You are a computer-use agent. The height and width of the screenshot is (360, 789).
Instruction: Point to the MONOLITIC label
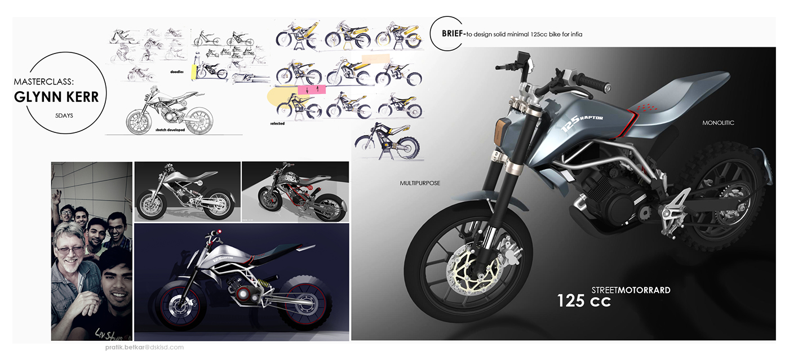(x=718, y=123)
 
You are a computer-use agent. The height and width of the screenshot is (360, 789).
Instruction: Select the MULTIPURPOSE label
(x=420, y=183)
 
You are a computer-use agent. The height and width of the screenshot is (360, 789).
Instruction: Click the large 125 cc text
(x=584, y=301)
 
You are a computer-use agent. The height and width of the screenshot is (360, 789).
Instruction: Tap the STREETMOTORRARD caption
(x=631, y=290)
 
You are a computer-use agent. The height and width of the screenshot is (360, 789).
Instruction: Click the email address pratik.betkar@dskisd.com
(x=140, y=348)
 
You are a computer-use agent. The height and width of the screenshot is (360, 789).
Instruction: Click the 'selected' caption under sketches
(x=277, y=123)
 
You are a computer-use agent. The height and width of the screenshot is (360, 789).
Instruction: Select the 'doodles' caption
(x=177, y=72)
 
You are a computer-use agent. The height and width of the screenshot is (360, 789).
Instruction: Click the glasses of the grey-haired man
(x=70, y=248)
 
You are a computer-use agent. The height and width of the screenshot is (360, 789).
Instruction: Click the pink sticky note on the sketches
(x=308, y=90)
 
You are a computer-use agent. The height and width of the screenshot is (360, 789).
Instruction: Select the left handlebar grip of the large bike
(x=593, y=83)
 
